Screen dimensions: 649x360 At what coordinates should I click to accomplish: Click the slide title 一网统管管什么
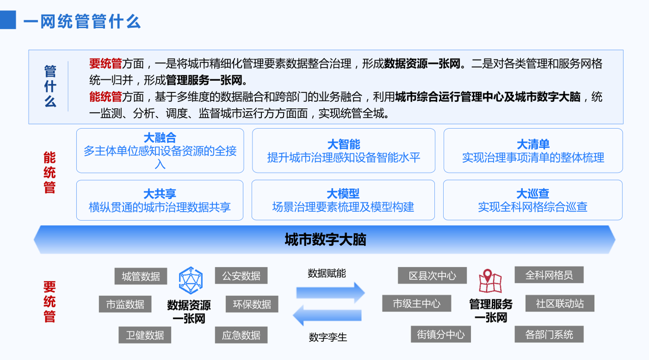(x=82, y=21)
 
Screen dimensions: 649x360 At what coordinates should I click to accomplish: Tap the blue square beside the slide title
(x=8, y=20)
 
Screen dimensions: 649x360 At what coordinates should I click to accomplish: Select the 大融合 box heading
(x=160, y=138)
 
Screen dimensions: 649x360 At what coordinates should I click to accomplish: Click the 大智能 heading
(x=344, y=144)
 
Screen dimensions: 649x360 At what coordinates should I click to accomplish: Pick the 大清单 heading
(x=533, y=144)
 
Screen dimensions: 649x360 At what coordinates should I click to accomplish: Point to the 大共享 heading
(x=160, y=194)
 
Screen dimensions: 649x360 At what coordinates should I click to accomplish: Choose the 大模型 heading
(x=343, y=193)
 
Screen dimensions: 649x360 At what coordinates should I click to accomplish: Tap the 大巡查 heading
(x=533, y=193)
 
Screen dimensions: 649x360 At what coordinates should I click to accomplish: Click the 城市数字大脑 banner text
(x=325, y=239)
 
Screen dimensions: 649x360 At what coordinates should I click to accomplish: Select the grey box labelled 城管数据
(x=141, y=276)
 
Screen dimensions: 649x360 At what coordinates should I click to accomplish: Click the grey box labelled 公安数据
(x=241, y=276)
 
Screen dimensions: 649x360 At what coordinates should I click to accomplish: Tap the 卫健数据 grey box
(x=145, y=335)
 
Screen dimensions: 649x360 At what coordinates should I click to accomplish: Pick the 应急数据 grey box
(x=241, y=335)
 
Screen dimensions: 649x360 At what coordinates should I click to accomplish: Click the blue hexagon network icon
(x=191, y=280)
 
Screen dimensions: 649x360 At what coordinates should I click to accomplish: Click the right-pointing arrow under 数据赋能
(x=331, y=293)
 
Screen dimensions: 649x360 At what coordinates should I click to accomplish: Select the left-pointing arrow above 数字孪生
(x=327, y=315)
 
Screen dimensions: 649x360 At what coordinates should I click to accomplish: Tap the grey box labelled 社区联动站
(x=560, y=303)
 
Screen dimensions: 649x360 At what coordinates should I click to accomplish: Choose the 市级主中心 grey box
(x=417, y=303)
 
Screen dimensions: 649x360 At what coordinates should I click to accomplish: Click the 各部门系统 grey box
(x=549, y=334)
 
